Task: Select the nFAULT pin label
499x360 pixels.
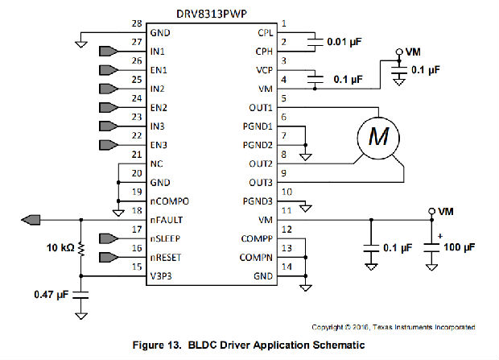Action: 168,220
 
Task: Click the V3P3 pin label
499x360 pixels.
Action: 165,276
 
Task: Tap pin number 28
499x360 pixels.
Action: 136,24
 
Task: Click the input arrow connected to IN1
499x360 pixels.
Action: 109,52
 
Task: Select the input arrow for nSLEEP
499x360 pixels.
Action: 109,238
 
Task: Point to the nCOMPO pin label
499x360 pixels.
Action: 170,201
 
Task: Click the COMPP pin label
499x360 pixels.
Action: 256,238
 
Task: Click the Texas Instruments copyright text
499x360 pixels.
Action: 392,327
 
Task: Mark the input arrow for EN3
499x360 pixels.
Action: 109,145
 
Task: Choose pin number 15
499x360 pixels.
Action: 136,267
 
